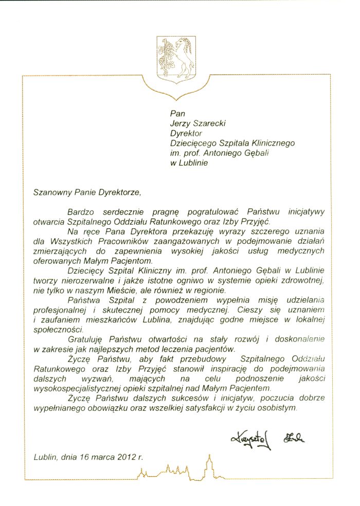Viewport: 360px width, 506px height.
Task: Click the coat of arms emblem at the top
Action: (x=175, y=59)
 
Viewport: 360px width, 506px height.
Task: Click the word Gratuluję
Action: (x=86, y=339)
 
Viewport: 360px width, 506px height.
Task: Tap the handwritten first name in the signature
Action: (x=251, y=439)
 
